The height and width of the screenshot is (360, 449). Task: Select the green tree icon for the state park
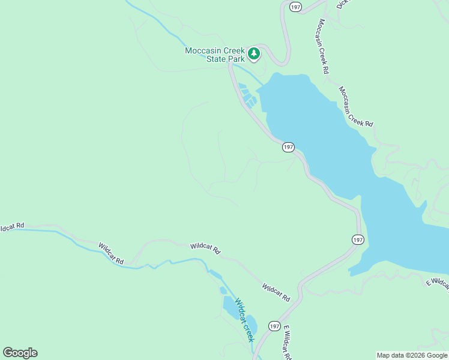(x=254, y=54)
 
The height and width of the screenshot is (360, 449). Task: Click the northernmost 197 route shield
(x=295, y=7)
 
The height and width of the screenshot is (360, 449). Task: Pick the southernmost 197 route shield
(x=274, y=326)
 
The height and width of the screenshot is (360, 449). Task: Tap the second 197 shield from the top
(x=288, y=147)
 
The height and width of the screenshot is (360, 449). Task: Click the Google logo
(x=20, y=353)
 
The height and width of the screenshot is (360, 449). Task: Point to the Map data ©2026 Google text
(x=411, y=355)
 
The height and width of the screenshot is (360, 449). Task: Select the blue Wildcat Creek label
(x=245, y=320)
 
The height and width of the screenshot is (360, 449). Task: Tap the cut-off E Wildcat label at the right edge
(x=438, y=283)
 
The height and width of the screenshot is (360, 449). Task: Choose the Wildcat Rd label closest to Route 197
(x=276, y=293)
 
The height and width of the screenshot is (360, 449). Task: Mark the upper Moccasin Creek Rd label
(x=324, y=46)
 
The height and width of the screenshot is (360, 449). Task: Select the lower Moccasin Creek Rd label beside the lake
(x=355, y=107)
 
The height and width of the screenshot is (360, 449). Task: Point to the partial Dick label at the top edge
(x=342, y=4)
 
